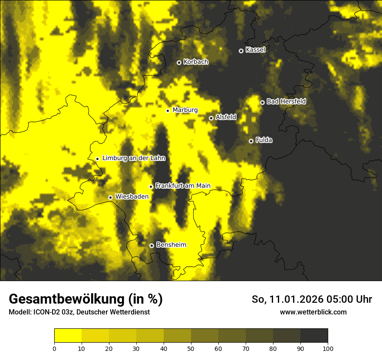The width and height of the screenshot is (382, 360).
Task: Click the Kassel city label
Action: click(x=255, y=50)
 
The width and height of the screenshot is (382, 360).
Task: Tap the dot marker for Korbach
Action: click(x=179, y=62)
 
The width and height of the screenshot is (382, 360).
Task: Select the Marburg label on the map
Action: click(x=185, y=110)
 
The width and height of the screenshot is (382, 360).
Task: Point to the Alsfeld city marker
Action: click(x=211, y=118)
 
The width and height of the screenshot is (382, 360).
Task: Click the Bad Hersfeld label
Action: click(x=286, y=101)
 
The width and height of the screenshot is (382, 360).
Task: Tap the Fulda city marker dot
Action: click(x=251, y=141)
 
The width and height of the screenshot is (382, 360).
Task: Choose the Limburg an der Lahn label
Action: click(x=134, y=158)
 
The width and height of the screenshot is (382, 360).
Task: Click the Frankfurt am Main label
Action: click(x=183, y=186)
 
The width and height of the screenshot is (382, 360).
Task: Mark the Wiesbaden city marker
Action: click(x=111, y=197)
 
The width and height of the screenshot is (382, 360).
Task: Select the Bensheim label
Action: click(x=171, y=245)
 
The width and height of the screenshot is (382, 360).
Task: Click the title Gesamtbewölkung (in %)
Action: click(x=86, y=299)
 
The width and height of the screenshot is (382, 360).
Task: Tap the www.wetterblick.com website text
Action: click(x=313, y=312)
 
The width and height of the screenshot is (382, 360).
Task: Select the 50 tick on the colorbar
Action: click(x=191, y=348)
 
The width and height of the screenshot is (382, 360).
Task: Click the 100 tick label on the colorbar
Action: click(x=328, y=348)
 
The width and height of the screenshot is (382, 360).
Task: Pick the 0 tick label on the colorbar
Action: click(x=54, y=348)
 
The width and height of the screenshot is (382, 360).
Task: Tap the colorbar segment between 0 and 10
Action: click(x=68, y=336)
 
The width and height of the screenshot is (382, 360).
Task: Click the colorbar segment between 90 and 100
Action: click(x=314, y=336)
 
